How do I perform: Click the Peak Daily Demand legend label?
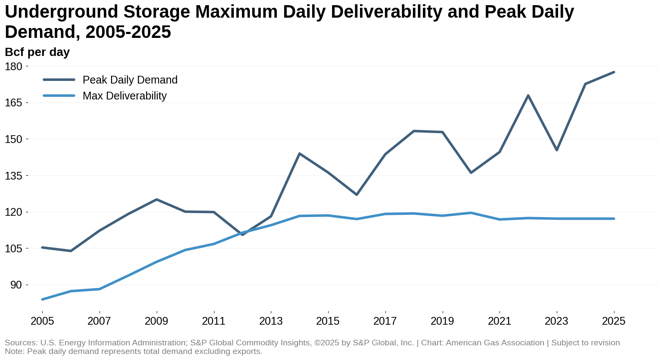coord(130,80)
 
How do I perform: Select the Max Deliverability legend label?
coord(124,96)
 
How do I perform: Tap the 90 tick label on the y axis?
coord(16,285)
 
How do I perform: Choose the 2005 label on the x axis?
coord(42,321)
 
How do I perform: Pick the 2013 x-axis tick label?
coord(271,321)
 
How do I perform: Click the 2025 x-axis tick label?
coord(614,321)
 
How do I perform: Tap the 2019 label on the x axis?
coord(442,321)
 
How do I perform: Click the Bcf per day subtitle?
coord(37,52)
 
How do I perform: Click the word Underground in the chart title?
coord(60,12)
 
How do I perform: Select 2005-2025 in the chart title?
coord(128,32)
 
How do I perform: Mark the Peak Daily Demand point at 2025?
coord(614,72)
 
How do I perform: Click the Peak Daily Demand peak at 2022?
coord(528,96)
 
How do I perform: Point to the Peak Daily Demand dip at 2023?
coord(557,150)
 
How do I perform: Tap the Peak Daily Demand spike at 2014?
coord(299,154)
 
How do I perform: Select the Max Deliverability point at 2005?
coord(42,299)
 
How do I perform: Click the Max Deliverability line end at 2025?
coord(614,219)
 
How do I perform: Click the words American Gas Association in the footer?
coord(495,343)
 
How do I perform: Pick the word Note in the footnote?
coord(13,351)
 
